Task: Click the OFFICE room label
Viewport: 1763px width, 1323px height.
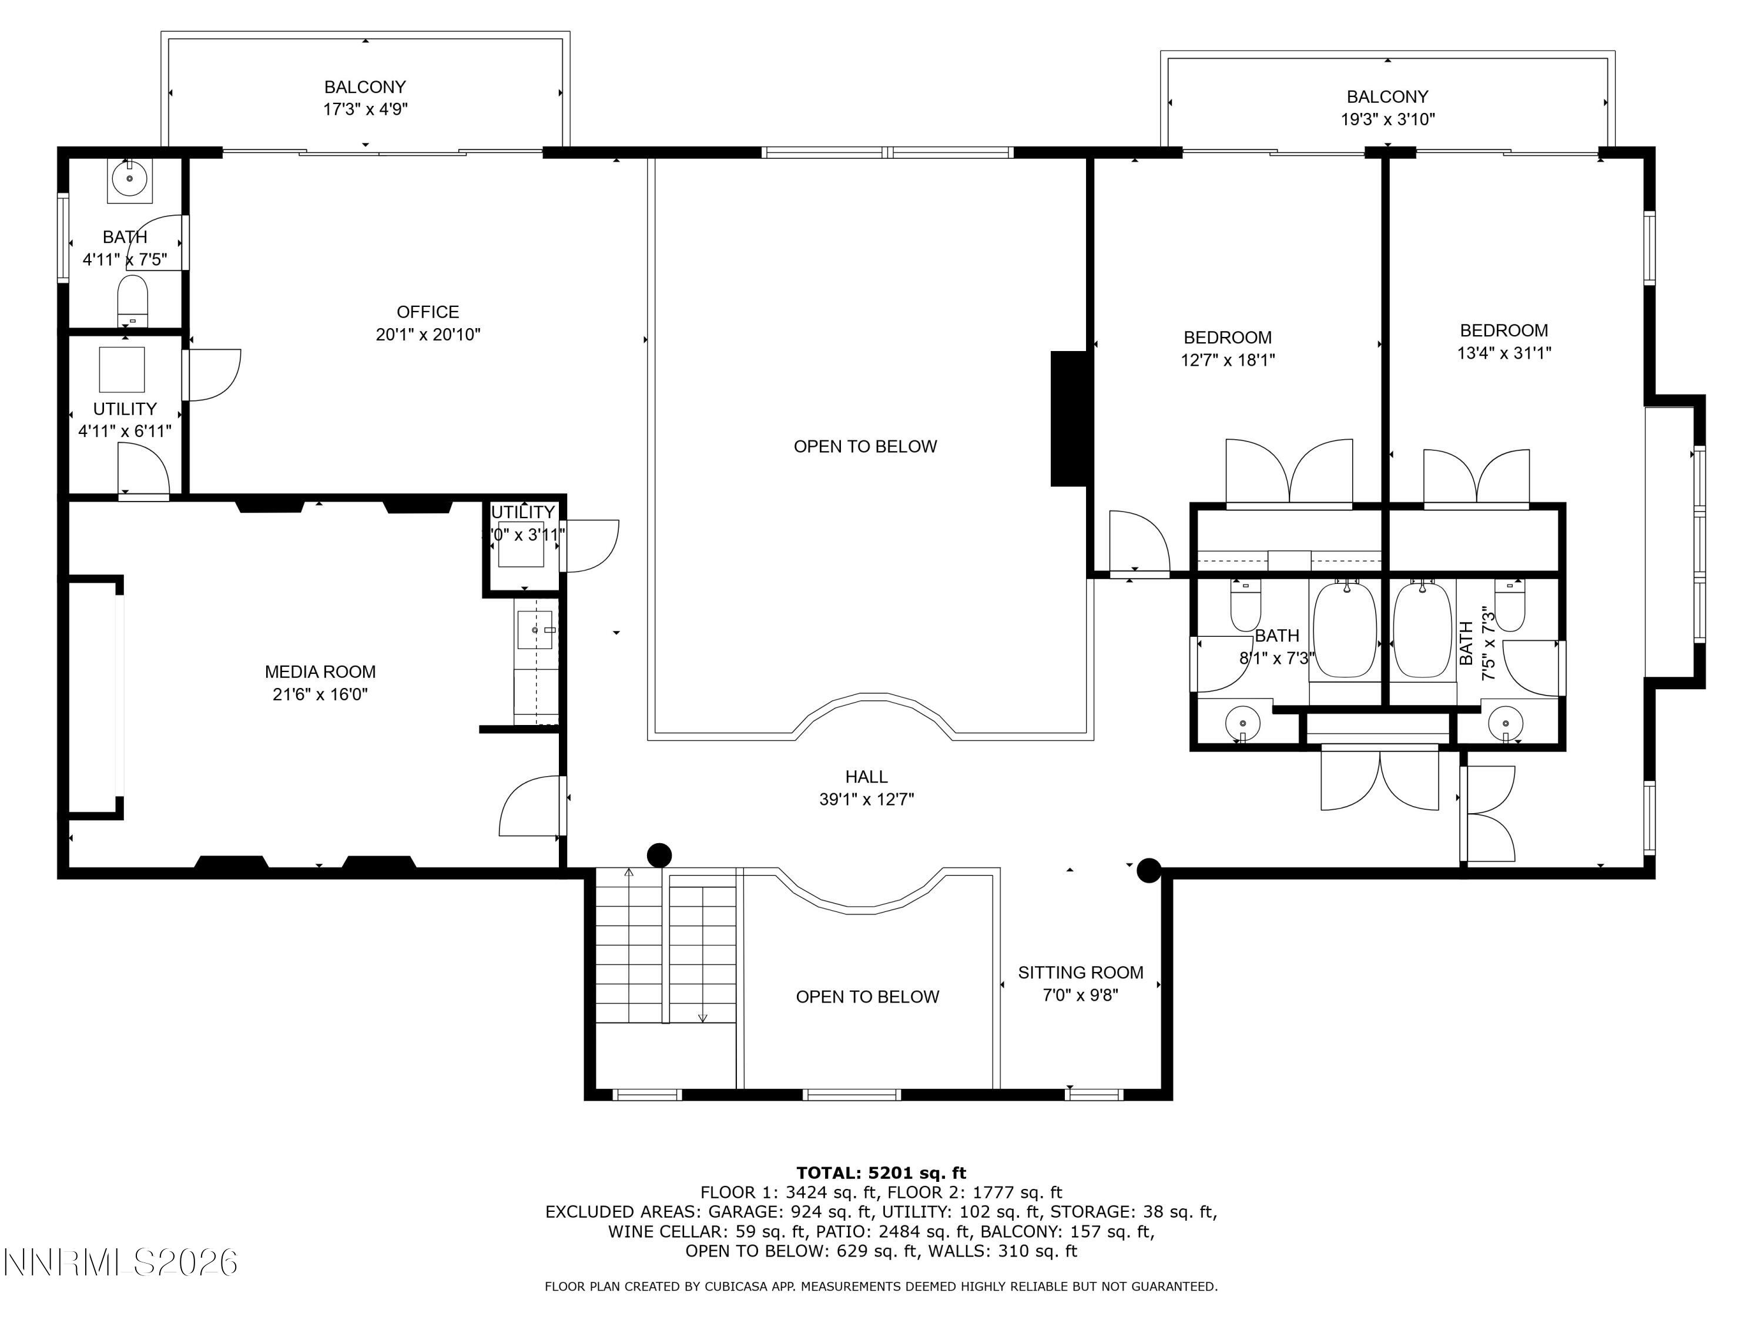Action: pos(428,312)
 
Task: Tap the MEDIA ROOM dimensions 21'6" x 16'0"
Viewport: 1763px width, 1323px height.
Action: pos(320,694)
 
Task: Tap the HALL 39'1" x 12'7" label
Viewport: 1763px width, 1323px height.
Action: pos(866,788)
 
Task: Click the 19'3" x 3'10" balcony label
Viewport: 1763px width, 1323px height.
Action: pos(1387,108)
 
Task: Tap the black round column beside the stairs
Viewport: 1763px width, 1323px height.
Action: pos(659,856)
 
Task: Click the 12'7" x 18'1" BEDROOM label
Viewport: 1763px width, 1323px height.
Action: pos(1228,349)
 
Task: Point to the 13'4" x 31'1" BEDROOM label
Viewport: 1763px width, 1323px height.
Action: pos(1503,341)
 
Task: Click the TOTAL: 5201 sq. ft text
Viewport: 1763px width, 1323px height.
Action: pos(881,1173)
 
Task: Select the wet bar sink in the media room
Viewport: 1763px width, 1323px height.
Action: pos(535,630)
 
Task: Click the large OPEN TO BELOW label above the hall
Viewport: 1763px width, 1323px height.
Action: pos(865,446)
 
